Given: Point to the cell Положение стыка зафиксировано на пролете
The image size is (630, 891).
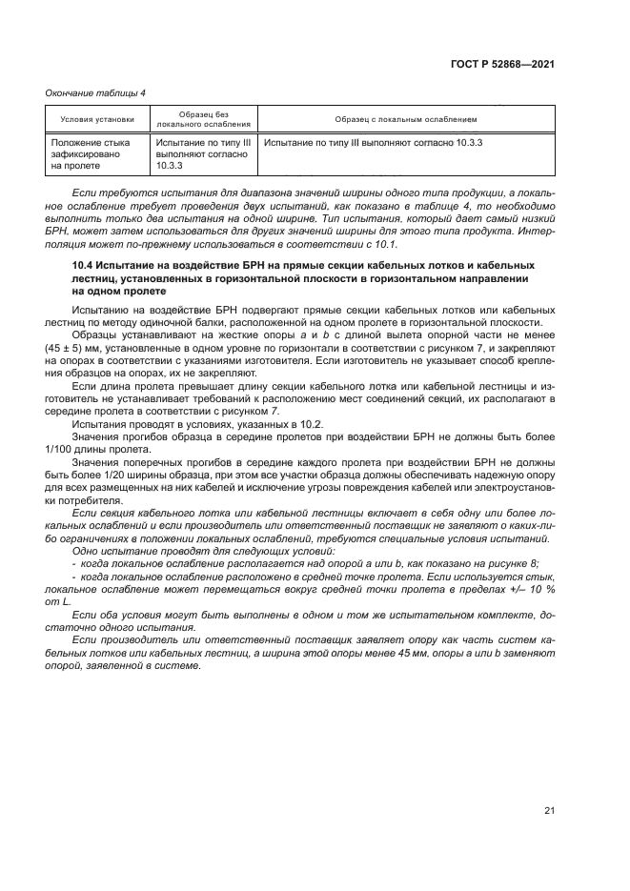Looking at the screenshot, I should click(91, 153).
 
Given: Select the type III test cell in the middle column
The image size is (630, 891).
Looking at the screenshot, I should click(203, 153).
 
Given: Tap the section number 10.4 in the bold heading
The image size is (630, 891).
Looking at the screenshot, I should click(85, 264).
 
